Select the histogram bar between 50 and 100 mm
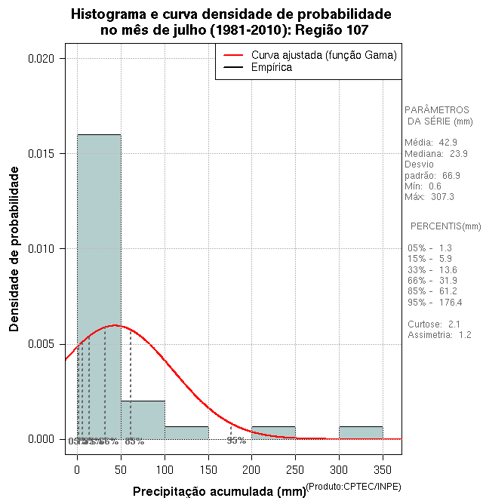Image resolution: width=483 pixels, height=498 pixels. (x=143, y=420)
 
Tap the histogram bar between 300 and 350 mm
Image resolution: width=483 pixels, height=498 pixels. (x=361, y=432)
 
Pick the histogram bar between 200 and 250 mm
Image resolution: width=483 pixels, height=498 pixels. (x=273, y=432)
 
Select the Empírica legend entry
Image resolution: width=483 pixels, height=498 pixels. (x=271, y=67)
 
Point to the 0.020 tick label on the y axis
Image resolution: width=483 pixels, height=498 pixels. (x=43, y=58)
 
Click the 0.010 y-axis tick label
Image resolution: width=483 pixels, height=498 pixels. (x=43, y=249)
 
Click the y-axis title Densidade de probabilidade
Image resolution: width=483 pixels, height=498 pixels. (x=14, y=249)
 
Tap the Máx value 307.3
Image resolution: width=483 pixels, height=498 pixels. (x=442, y=197)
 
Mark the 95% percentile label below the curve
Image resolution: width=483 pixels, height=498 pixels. (x=236, y=441)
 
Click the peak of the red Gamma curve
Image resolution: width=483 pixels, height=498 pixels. (x=113, y=325)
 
